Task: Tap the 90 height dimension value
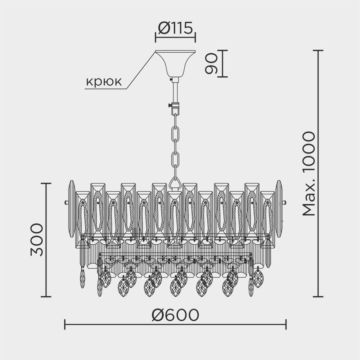pos(211,63)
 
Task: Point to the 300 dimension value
pos(37,239)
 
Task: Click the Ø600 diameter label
pos(175,315)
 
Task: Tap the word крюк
pos(103,83)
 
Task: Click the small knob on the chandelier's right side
pos(285,202)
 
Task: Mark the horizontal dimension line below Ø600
pos(175,324)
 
